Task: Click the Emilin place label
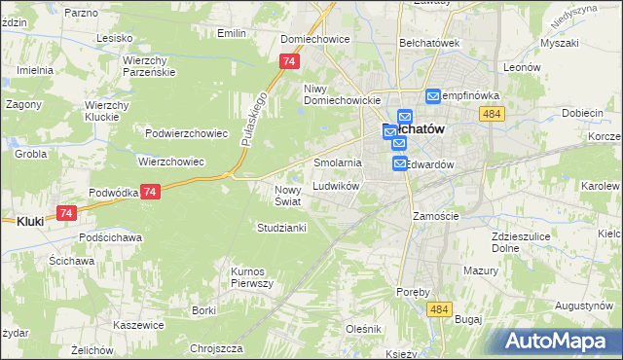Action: (232, 33)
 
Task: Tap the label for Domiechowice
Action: (314, 40)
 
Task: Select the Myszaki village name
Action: (559, 44)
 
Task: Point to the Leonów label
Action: (522, 67)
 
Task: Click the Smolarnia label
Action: (338, 162)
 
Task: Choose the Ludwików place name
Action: (337, 186)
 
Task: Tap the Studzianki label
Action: (282, 228)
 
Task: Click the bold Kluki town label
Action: (30, 221)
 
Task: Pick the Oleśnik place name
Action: (363, 329)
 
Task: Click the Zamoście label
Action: (435, 215)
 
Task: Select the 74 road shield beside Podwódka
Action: (149, 193)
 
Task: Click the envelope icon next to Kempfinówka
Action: (434, 96)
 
